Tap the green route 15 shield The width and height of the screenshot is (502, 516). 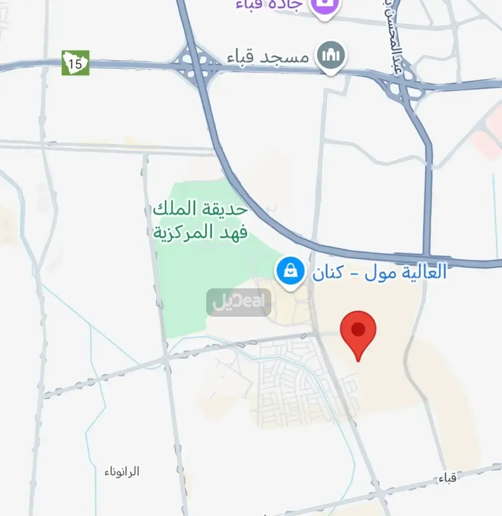76,63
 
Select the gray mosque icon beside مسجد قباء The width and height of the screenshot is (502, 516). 331,56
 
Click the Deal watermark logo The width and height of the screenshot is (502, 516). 239,302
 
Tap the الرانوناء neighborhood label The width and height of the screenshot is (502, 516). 122,471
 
